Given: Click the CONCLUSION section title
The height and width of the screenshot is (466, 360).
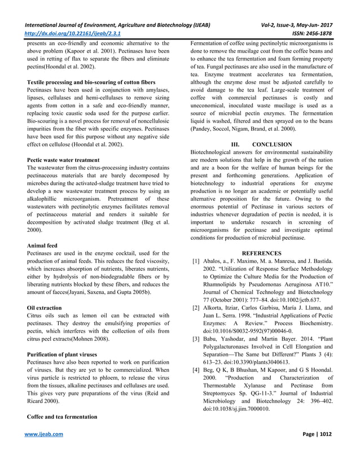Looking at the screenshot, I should [x=272, y=144].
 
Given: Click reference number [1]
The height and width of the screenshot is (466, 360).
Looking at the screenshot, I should [x=196, y=262].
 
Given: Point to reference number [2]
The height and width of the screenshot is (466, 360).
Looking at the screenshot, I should [x=196, y=307].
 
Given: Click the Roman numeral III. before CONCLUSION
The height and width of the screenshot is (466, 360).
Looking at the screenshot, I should [x=238, y=144].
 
